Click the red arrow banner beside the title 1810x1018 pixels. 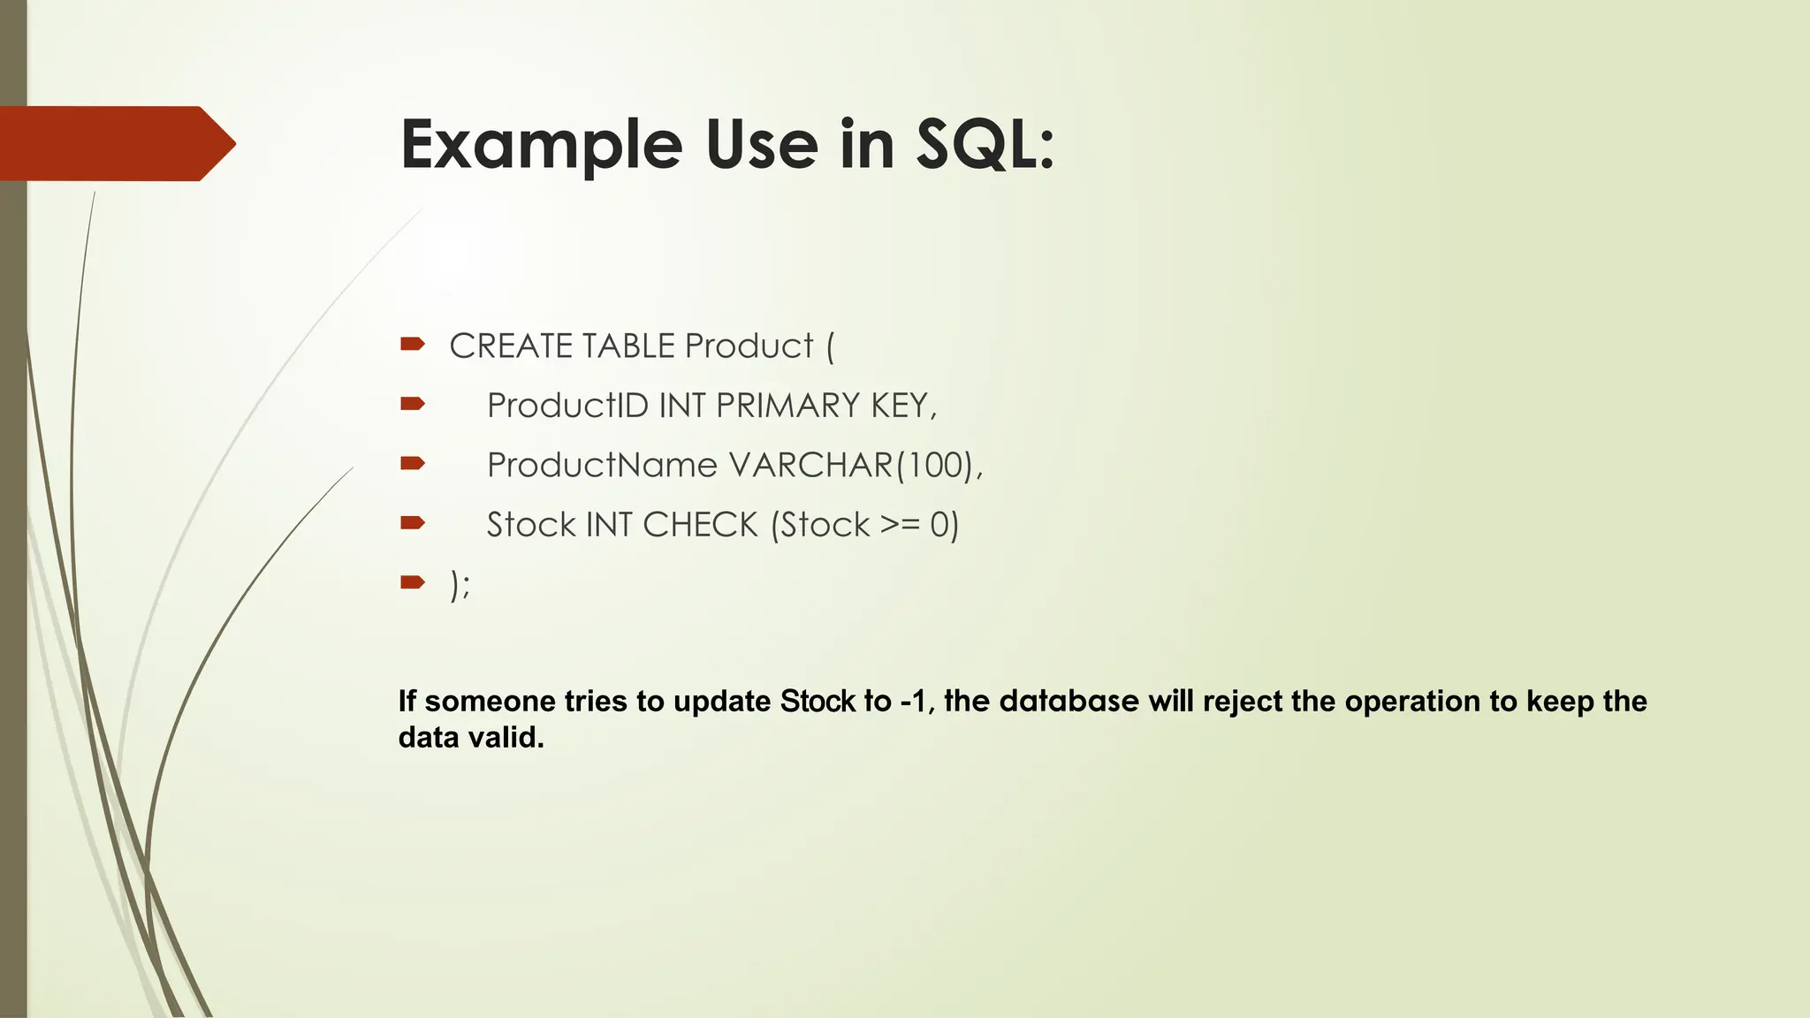tap(115, 143)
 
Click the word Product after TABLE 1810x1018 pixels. tap(749, 346)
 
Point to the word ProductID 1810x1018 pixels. tap(567, 406)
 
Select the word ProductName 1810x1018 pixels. tap(602, 466)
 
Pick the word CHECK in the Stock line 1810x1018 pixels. tap(700, 525)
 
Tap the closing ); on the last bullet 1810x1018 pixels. tap(460, 585)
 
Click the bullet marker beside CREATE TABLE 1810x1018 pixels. tap(413, 344)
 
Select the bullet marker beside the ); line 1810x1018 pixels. tap(413, 581)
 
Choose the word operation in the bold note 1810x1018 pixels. tap(1412, 702)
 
